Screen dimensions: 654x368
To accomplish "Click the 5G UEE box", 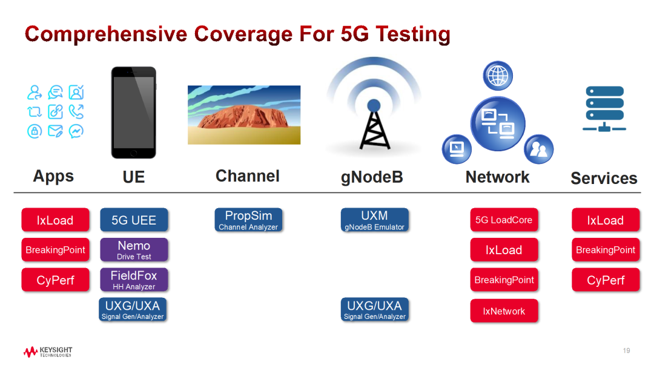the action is click(x=134, y=220).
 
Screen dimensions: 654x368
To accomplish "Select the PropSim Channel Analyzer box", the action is click(x=249, y=220).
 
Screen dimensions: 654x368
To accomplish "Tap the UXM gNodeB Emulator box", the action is click(x=375, y=220).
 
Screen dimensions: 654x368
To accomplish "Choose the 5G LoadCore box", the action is click(x=504, y=220).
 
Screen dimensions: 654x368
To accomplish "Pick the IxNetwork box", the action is click(x=504, y=310).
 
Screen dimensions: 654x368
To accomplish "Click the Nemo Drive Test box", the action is click(x=134, y=249).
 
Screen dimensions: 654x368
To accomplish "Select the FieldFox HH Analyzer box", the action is click(x=134, y=279).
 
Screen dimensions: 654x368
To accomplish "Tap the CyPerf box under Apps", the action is click(x=56, y=279).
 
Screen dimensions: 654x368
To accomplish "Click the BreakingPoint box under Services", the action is click(x=606, y=249).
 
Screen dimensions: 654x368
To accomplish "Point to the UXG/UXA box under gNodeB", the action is click(x=375, y=309).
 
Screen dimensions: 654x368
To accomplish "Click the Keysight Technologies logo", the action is click(x=48, y=352).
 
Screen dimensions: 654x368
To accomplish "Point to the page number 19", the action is click(x=627, y=350).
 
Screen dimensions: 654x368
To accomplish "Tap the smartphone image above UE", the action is click(x=133, y=113).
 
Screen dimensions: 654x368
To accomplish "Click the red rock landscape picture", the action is click(x=244, y=115).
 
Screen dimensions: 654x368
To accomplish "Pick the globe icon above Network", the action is click(x=498, y=76).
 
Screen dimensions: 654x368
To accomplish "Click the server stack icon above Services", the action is click(x=604, y=109).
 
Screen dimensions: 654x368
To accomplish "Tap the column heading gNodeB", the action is click(x=372, y=177).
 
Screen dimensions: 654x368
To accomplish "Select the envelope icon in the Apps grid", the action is click(x=56, y=131).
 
